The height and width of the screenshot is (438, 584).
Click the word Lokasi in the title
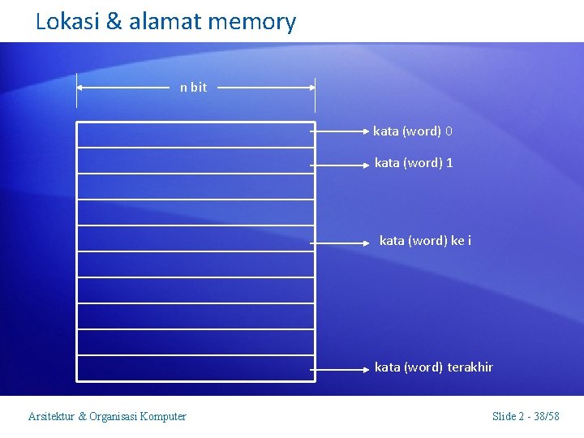67,22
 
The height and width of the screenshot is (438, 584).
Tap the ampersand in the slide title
114,22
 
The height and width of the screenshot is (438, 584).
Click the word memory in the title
252,22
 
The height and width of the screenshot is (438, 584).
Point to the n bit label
193,88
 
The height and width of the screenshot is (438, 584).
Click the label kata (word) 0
413,131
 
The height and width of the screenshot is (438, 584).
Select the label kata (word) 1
414,163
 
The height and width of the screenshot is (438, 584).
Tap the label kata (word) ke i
425,241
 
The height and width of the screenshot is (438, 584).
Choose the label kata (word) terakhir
433,367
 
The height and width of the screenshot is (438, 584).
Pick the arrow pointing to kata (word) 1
341,164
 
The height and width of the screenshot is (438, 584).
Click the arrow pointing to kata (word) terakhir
341,368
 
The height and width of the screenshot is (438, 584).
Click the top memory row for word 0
195,135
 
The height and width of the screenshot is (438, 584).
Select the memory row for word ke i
195,238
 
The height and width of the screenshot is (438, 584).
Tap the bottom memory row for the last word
195,368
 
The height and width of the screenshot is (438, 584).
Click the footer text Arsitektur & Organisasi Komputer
107,417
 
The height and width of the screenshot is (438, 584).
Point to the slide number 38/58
544,417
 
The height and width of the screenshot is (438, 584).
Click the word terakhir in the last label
470,367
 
